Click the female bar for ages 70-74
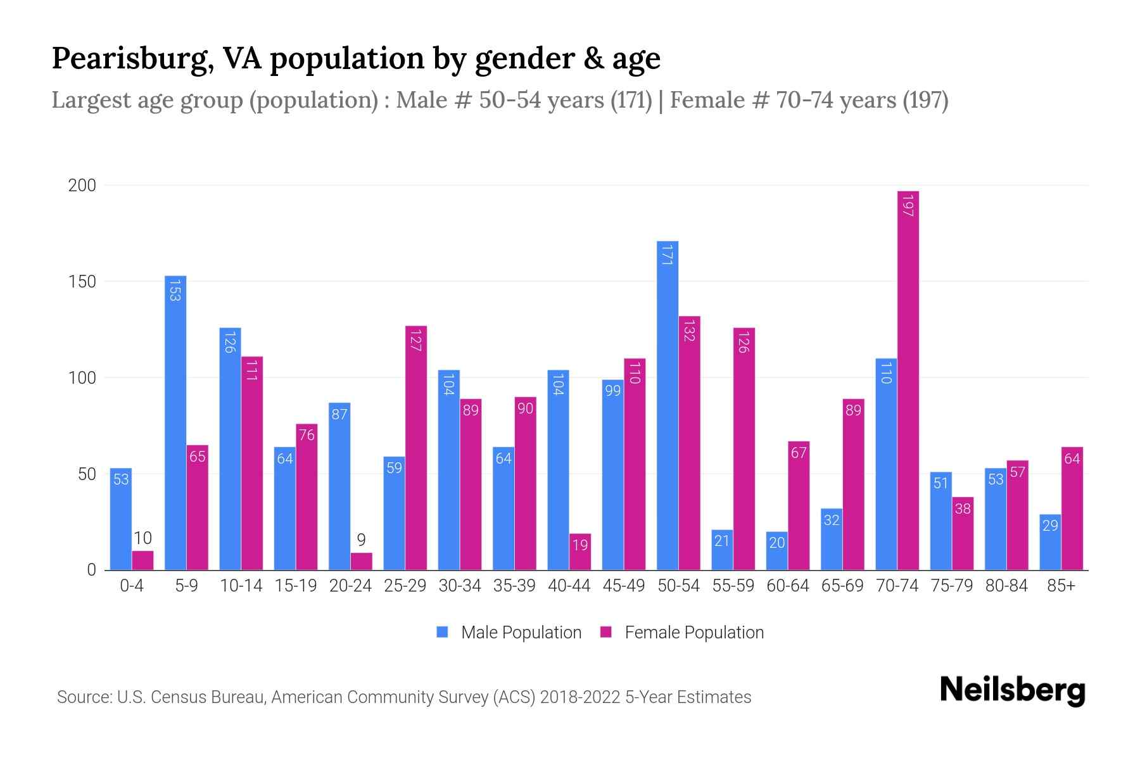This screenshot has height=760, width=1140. click(x=908, y=380)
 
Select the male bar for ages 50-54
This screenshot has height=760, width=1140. click(x=668, y=405)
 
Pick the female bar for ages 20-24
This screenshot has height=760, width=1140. click(x=361, y=561)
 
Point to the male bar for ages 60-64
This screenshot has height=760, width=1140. click(x=776, y=551)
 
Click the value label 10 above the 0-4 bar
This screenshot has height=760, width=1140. click(x=142, y=538)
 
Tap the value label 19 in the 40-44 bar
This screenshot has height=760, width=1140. click(x=580, y=545)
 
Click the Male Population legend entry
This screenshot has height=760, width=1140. click(x=509, y=632)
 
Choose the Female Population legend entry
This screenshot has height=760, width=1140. click(x=683, y=632)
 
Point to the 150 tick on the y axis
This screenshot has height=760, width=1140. click(x=82, y=281)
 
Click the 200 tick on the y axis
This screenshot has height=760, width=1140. click(x=82, y=186)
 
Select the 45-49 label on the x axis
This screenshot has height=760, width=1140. click(x=623, y=586)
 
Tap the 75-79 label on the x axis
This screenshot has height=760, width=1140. click(x=951, y=586)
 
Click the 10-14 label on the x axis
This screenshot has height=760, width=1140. click(x=241, y=586)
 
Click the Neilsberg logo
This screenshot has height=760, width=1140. click(x=1012, y=690)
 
